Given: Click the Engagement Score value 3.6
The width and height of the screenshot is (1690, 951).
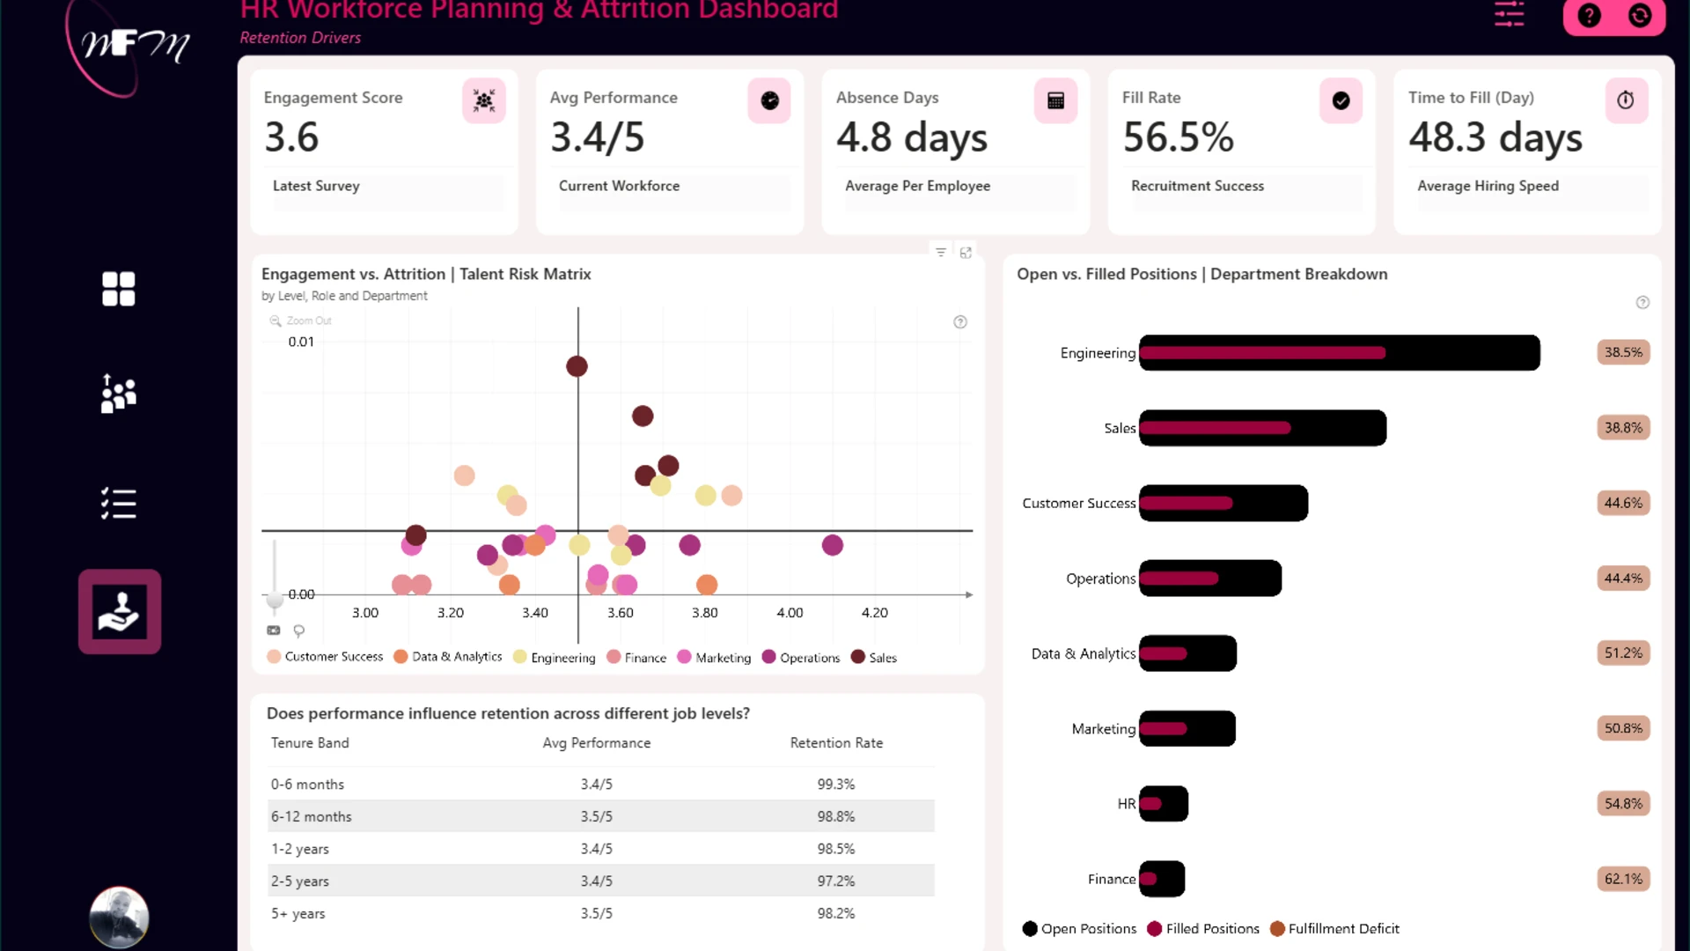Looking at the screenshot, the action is (291, 137).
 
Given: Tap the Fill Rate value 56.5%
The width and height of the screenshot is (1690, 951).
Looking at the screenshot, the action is (1179, 137).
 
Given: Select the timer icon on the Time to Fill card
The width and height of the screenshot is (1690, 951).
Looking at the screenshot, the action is (1626, 100).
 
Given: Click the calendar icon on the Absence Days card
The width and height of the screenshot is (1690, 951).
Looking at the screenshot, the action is (1055, 100).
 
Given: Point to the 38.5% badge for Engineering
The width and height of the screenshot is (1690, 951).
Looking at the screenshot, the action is (1623, 352).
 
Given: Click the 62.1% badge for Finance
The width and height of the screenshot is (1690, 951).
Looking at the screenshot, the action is (1623, 879).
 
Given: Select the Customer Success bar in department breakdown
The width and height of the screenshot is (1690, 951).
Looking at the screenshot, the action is (1223, 503).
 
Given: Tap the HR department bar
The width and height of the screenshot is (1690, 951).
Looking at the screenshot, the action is (1164, 804).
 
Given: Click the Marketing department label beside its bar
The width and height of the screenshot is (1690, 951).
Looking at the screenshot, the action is (1103, 729).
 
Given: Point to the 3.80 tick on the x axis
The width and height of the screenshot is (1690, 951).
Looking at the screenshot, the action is (704, 613).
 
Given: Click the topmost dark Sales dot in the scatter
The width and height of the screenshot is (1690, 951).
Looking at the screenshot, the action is (577, 366).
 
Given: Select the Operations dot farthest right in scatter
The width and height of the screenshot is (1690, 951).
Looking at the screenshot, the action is (833, 545).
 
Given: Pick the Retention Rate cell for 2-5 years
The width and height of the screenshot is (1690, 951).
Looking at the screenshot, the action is (836, 881).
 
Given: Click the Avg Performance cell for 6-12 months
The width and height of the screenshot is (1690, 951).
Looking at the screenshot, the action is (597, 817).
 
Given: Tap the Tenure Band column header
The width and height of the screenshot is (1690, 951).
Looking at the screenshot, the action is (310, 743).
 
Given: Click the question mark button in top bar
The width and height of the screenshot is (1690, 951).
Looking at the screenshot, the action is (1589, 16).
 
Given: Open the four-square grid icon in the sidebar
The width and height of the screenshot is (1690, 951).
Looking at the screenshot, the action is (119, 289).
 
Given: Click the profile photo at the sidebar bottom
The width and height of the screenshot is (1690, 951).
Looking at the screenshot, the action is (119, 918).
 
